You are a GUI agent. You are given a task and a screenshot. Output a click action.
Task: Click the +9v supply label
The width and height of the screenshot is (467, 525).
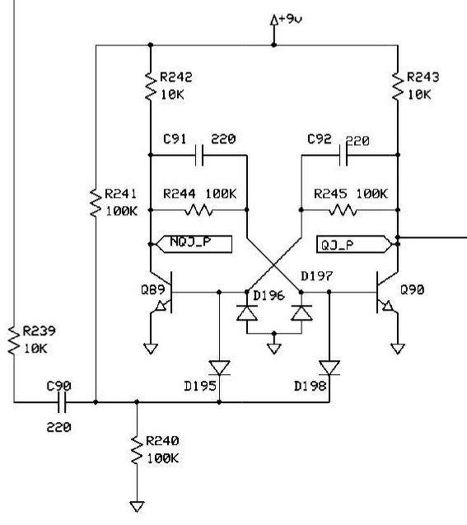tap(290, 19)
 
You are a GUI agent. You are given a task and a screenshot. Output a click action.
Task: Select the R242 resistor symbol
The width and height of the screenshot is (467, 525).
tap(151, 86)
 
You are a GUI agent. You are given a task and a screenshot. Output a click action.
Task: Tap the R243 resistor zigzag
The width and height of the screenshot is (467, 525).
tap(398, 86)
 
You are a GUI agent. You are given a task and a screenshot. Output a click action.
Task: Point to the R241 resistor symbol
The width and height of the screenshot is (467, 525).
tap(96, 203)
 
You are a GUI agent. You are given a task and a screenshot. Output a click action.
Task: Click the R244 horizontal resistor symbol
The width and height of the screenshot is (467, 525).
tap(198, 210)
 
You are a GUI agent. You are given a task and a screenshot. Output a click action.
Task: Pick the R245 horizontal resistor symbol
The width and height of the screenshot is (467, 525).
tap(343, 210)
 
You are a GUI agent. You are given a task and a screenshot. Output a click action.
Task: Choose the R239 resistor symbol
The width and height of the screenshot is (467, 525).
tap(14, 340)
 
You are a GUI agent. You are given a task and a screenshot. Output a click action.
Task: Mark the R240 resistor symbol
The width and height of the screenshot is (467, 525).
tap(137, 450)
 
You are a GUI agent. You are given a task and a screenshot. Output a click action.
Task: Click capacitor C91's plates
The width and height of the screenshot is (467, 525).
tap(199, 155)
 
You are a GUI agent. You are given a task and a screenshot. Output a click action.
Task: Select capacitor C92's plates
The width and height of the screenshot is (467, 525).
tap(343, 155)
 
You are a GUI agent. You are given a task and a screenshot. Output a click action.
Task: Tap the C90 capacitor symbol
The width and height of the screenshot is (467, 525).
tap(62, 402)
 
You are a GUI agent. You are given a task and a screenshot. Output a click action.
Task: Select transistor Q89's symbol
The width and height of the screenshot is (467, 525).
tap(161, 293)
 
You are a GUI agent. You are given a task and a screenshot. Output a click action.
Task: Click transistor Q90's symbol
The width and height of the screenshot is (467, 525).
tap(387, 293)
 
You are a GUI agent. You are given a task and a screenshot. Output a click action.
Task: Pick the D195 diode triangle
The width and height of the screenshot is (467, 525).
tap(219, 368)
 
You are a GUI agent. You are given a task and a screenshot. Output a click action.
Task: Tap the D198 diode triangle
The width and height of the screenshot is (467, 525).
tap(329, 368)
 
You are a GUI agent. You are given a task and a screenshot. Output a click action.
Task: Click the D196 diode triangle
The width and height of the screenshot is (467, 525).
tap(247, 313)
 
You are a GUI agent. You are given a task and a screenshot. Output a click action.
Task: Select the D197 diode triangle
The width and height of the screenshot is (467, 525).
tap(301, 313)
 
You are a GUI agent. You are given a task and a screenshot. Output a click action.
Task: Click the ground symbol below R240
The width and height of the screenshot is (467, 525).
tap(137, 506)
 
